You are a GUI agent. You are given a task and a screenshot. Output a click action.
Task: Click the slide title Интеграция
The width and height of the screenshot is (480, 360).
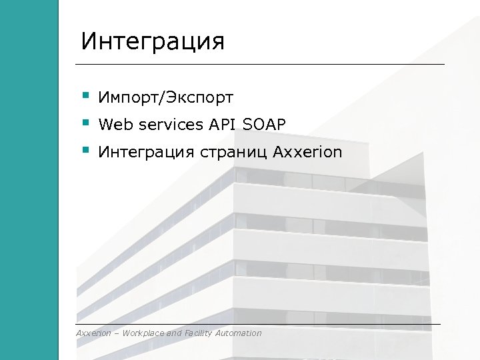pyautogui.click(x=153, y=41)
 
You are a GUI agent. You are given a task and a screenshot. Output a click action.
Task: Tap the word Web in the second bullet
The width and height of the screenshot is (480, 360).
pyautogui.click(x=113, y=125)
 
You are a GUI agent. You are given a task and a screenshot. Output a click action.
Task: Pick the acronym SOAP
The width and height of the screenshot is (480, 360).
pyautogui.click(x=264, y=125)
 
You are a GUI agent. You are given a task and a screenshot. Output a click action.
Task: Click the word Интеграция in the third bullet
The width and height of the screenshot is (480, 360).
pyautogui.click(x=145, y=153)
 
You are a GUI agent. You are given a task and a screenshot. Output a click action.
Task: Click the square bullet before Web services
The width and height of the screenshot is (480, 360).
pyautogui.click(x=85, y=122)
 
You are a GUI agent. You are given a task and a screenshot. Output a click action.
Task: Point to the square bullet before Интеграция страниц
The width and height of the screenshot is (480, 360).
pyautogui.click(x=85, y=150)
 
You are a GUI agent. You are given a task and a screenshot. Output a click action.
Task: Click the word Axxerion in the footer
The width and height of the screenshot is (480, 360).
pyautogui.click(x=93, y=333)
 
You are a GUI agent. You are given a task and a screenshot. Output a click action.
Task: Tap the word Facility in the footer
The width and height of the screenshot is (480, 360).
pyautogui.click(x=199, y=333)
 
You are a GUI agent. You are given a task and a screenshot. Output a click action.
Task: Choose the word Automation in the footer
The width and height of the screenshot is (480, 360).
pyautogui.click(x=239, y=333)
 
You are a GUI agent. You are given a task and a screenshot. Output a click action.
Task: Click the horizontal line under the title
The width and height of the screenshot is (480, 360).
pyautogui.click(x=260, y=64)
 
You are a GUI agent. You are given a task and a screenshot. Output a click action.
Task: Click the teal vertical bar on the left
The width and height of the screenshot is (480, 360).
pyautogui.click(x=29, y=180)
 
